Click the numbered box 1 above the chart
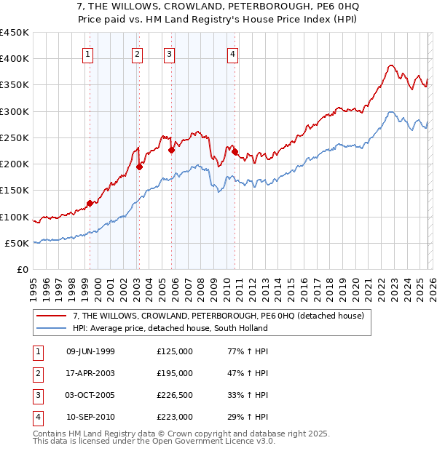(x=87, y=53)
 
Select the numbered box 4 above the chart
(x=232, y=53)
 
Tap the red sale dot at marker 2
(x=139, y=167)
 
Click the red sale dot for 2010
(x=235, y=152)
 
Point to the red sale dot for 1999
(x=90, y=204)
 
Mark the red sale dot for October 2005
(x=171, y=151)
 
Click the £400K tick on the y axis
(x=15, y=59)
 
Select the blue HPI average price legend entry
(x=170, y=328)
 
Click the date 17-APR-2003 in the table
(x=90, y=372)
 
